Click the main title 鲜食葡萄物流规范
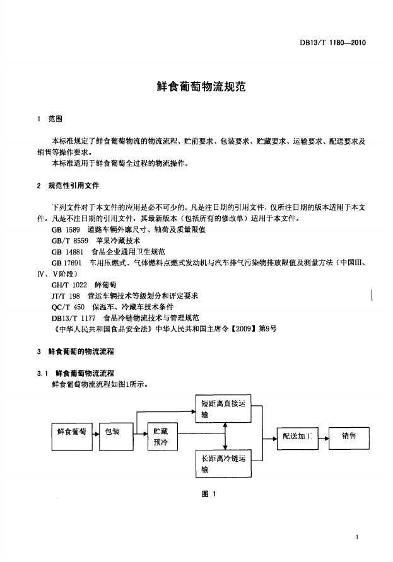[196, 86]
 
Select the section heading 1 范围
[50, 118]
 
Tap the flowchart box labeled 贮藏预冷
[161, 437]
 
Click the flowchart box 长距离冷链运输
[225, 464]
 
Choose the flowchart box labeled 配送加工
[298, 435]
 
